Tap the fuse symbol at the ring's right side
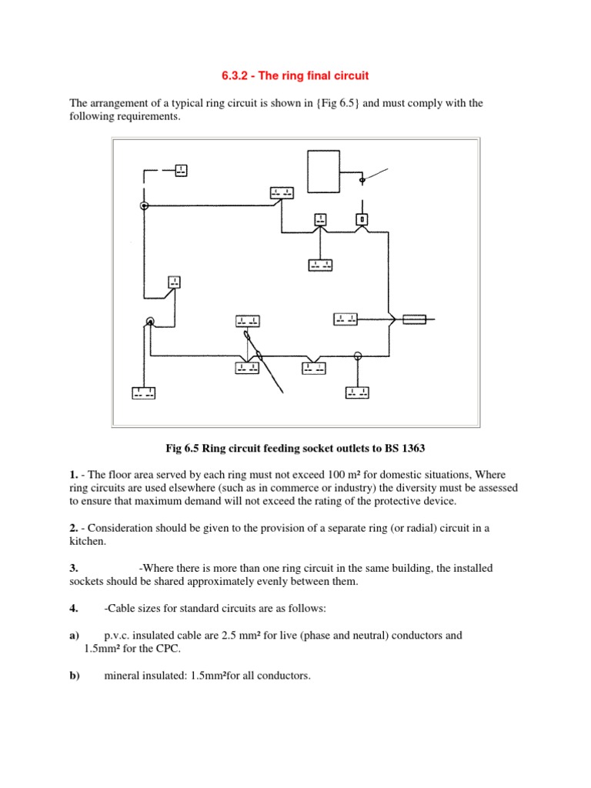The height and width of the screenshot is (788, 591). [415, 319]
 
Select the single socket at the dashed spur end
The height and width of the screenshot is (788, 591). [181, 169]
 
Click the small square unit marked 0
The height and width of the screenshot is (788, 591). [362, 219]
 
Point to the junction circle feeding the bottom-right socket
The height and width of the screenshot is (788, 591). [357, 356]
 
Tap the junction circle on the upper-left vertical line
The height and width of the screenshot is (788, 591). [143, 206]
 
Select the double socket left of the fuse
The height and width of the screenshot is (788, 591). [344, 319]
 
